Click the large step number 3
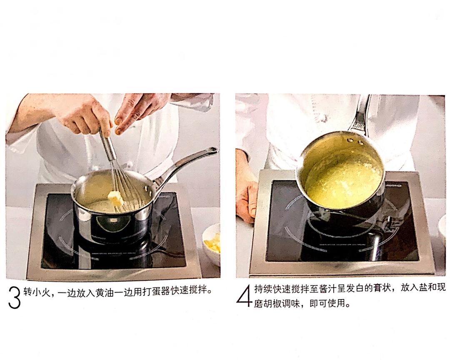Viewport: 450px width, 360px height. point(14,297)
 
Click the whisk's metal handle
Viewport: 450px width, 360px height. point(107,146)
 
